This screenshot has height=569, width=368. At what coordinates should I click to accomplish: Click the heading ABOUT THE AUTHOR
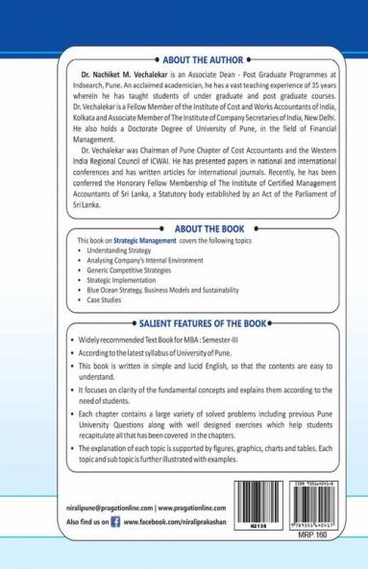click(x=184, y=57)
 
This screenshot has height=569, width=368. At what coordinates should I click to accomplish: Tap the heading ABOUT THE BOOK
click(x=184, y=219)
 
